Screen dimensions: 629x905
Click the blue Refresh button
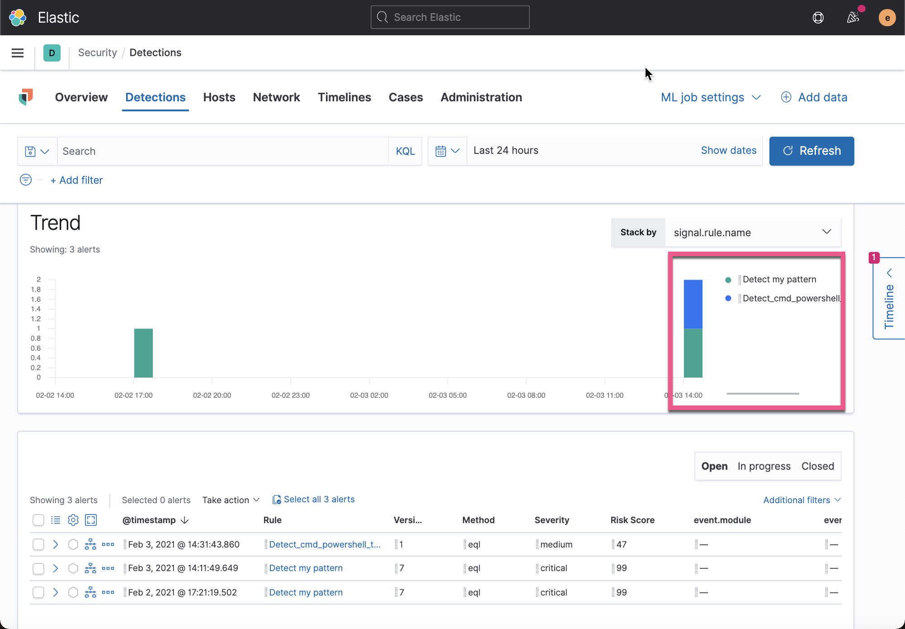(x=811, y=151)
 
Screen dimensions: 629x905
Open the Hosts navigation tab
(x=219, y=97)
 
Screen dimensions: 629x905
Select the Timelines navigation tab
(x=344, y=97)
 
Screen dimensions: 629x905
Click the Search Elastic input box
(x=450, y=17)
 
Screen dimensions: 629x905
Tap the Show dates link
(x=728, y=151)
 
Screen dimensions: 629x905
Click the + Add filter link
(x=77, y=180)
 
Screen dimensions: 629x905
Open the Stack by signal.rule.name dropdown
(x=753, y=233)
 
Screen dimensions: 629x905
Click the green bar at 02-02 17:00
(x=143, y=353)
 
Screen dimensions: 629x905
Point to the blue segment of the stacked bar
(x=693, y=304)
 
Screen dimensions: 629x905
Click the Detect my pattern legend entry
(x=779, y=280)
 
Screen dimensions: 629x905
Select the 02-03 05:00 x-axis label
(x=448, y=395)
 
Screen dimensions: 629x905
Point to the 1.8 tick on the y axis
(x=36, y=289)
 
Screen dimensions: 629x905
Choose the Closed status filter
(x=817, y=466)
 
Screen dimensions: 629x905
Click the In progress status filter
(x=764, y=466)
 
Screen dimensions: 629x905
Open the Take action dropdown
(x=231, y=500)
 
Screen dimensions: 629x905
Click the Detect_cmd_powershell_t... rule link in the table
(x=325, y=544)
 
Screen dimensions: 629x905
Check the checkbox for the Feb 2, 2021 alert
(x=38, y=592)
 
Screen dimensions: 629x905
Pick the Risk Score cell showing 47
(x=622, y=544)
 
